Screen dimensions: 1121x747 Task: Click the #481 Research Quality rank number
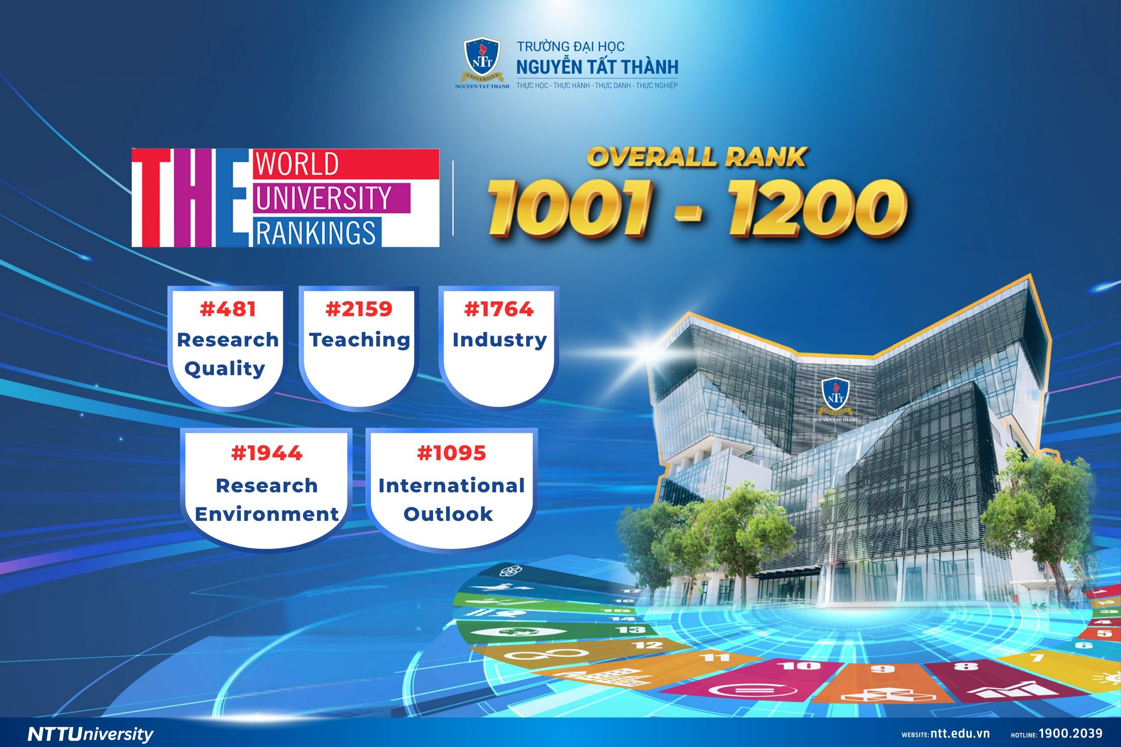pyautogui.click(x=228, y=309)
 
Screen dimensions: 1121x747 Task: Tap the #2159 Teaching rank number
pyautogui.click(x=359, y=309)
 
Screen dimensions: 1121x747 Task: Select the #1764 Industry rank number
pyautogui.click(x=499, y=309)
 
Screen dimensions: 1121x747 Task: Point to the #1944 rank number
pyautogui.click(x=266, y=453)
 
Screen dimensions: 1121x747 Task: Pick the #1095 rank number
pyautogui.click(x=451, y=453)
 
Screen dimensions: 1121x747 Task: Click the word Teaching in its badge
pyautogui.click(x=360, y=340)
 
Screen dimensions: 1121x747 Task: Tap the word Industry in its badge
pyautogui.click(x=500, y=340)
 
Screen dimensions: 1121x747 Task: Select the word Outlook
pyautogui.click(x=448, y=514)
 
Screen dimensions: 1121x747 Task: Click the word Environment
pyautogui.click(x=266, y=514)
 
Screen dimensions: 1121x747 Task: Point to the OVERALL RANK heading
pyautogui.click(x=696, y=157)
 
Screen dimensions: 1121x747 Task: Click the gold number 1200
pyautogui.click(x=817, y=208)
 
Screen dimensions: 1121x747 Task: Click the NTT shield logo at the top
pyautogui.click(x=482, y=62)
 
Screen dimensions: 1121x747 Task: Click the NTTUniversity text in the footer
pyautogui.click(x=91, y=734)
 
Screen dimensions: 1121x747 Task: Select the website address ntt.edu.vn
pyautogui.click(x=960, y=734)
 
